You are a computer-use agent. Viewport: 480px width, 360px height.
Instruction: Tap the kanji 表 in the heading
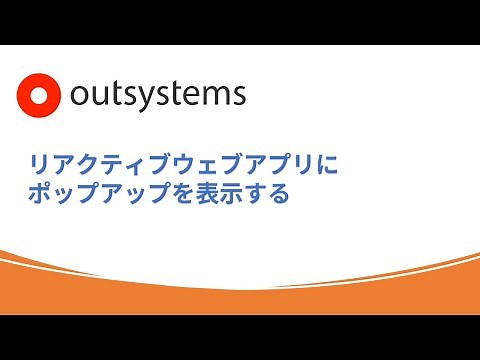point(209,194)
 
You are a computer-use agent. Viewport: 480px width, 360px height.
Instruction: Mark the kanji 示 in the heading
point(233,194)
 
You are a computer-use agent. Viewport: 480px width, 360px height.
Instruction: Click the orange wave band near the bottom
point(240,295)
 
